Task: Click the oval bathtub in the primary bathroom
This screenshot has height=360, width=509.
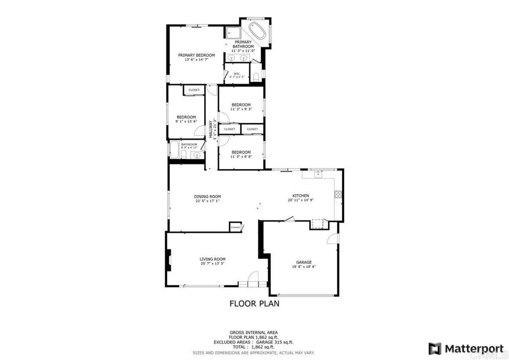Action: pos(257,31)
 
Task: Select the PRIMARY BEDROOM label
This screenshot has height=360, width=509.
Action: pos(196,55)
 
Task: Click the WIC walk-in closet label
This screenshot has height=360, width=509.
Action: pos(237,74)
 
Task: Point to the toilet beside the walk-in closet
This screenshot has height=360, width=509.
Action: pos(255,76)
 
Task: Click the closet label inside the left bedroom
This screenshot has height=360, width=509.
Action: pos(194,90)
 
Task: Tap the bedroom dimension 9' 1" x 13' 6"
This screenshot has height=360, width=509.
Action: pos(186,121)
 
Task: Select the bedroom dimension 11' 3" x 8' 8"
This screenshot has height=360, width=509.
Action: pos(241,157)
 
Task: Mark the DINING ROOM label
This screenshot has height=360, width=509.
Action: pos(207,196)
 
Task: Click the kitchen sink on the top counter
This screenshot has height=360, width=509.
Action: pos(317,174)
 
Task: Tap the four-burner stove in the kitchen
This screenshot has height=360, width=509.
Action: pos(338,194)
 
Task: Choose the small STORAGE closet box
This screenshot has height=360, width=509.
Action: pos(235,227)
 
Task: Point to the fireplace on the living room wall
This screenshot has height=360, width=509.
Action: pos(169,260)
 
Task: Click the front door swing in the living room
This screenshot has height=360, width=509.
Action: pos(254,278)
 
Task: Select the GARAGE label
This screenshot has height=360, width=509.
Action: pos(304,262)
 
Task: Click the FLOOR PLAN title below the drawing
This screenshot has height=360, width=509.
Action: pos(254,303)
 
